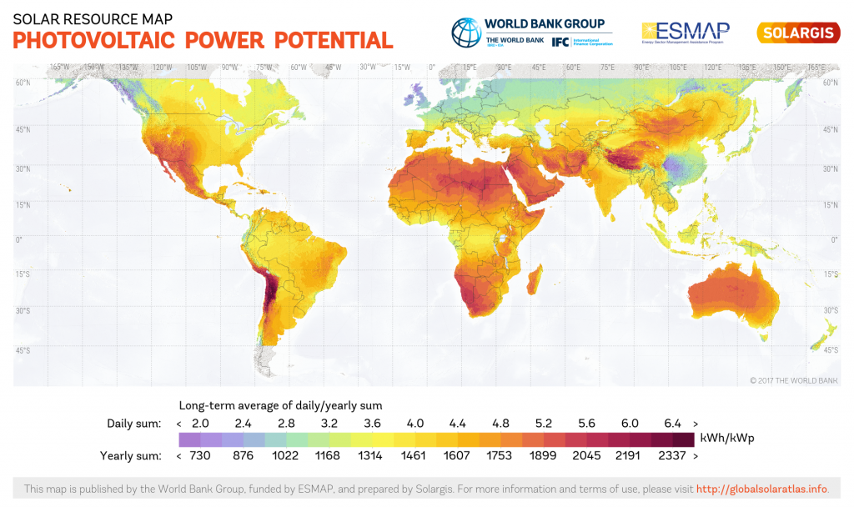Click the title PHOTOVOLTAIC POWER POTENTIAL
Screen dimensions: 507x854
point(203,39)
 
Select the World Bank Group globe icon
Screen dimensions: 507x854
point(466,33)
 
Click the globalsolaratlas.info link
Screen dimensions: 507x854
point(762,489)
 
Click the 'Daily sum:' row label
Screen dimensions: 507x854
point(133,423)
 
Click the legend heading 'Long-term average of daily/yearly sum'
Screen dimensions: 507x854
point(280,405)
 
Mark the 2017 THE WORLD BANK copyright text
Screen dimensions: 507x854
point(793,380)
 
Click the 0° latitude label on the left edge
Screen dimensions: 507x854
point(20,239)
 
